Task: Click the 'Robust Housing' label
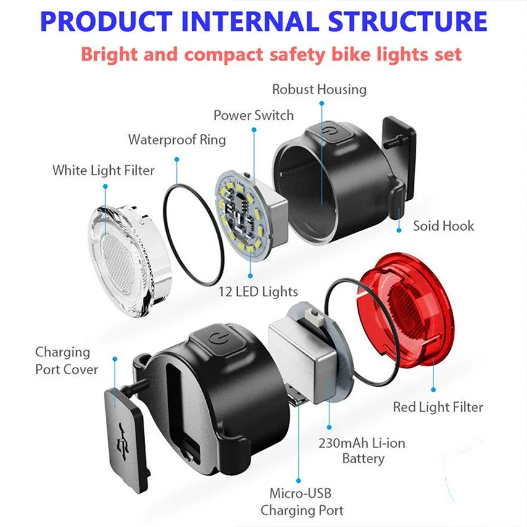click(319, 90)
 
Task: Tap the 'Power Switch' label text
click(253, 115)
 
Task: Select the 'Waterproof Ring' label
click(177, 140)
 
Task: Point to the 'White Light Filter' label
click(103, 170)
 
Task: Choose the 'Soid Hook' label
click(443, 226)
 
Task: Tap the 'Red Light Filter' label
click(437, 407)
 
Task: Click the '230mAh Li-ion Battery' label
click(362, 451)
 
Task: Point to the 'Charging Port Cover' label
click(66, 360)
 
